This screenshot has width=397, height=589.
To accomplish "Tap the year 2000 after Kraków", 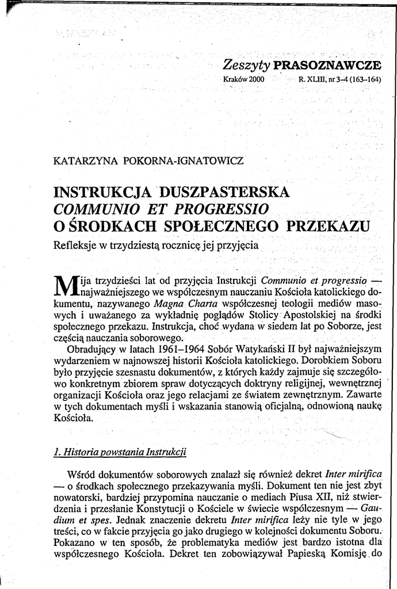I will (x=256, y=79).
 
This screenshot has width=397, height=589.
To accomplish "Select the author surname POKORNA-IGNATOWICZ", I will (x=184, y=160).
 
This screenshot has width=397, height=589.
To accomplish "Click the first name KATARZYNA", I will (x=86, y=160).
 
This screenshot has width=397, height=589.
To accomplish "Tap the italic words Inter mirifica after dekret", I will (x=354, y=474).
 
